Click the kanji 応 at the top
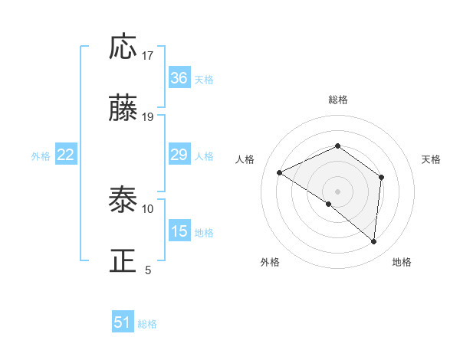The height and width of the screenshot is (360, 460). tap(124, 47)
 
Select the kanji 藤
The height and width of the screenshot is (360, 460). tap(124, 110)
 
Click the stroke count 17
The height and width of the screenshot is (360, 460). tap(148, 56)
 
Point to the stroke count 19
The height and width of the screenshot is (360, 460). tap(148, 117)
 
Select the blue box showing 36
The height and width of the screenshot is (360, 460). tap(179, 78)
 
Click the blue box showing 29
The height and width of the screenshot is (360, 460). tap(179, 155)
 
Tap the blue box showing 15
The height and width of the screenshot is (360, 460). tap(179, 231)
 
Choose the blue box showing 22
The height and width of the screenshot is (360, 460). tap(66, 155)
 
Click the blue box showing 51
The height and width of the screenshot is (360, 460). tap(123, 322)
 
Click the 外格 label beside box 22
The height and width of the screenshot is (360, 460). tap(41, 156)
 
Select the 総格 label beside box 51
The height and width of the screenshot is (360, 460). tap(147, 324)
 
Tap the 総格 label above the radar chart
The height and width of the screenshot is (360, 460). tap(337, 100)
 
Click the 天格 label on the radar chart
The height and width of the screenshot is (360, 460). tap(432, 159)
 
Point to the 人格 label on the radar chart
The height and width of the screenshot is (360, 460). tap(245, 159)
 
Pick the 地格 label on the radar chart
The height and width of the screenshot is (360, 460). tap(402, 263)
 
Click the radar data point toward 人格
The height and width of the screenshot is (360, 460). tap(280, 172)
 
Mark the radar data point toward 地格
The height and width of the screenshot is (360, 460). tap(373, 241)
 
